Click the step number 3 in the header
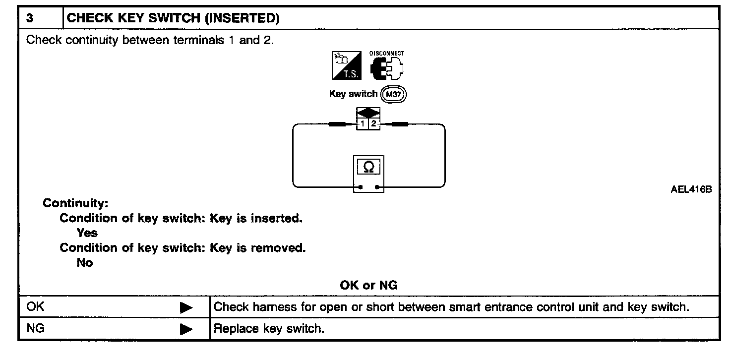[30, 18]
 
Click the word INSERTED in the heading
[242, 18]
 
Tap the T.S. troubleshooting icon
[347, 65]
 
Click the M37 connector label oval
[394, 95]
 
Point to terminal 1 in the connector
[362, 124]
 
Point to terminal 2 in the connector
[374, 124]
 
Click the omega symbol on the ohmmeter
[368, 167]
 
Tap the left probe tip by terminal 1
[337, 124]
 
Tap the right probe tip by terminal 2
[400, 124]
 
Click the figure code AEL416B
[691, 189]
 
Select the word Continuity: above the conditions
[75, 203]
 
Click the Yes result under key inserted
[87, 233]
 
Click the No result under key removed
[85, 263]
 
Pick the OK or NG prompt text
[368, 286]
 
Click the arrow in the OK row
[186, 307]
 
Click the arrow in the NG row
[186, 329]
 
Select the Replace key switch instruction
[269, 329]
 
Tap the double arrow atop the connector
[368, 113]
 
